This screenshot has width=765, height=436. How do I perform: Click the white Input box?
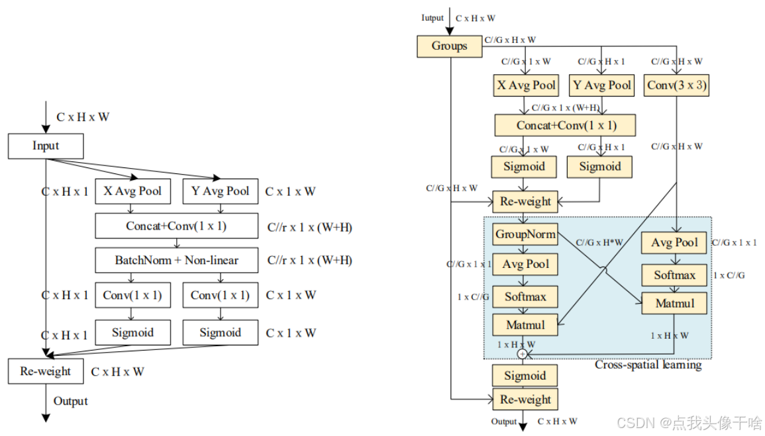pos(46,146)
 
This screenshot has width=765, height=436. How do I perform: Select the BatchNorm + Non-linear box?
pos(176,260)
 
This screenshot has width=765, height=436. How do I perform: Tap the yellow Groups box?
pos(449,46)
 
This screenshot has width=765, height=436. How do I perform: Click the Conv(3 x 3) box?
pos(676,85)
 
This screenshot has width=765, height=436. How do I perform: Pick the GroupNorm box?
pos(525,234)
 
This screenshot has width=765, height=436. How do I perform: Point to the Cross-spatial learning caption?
pos(647,365)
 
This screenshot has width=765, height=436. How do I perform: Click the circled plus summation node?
pos(523,354)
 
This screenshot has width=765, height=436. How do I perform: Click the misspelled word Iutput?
pos(433,18)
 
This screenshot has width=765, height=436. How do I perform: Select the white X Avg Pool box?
pos(133,191)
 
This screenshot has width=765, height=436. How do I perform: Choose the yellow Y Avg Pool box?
pos(601,85)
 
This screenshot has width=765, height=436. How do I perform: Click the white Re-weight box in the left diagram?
pos(45,371)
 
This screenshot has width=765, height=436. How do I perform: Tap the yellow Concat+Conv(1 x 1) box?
pos(566,125)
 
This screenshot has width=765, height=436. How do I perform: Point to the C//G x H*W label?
pos(600,243)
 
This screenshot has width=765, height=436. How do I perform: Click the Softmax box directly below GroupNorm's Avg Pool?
pos(525,296)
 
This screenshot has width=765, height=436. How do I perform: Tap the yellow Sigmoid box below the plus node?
pos(525,376)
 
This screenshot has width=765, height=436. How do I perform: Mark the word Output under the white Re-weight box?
pos(70,401)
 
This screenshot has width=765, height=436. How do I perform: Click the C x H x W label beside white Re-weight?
pos(117,372)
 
